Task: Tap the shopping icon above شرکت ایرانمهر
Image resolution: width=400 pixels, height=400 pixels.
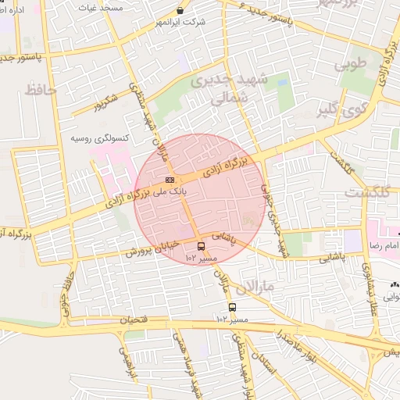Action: tap(181, 11)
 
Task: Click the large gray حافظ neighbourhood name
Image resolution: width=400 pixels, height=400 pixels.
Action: tap(41, 90)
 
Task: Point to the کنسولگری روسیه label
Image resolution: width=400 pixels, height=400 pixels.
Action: tap(87, 137)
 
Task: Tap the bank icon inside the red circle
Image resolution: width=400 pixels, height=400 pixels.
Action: tap(171, 180)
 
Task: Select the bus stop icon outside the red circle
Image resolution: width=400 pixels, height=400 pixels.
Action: tap(232, 307)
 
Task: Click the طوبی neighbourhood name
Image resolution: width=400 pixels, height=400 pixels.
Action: tap(351, 66)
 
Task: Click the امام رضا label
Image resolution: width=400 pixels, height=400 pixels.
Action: tap(384, 245)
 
